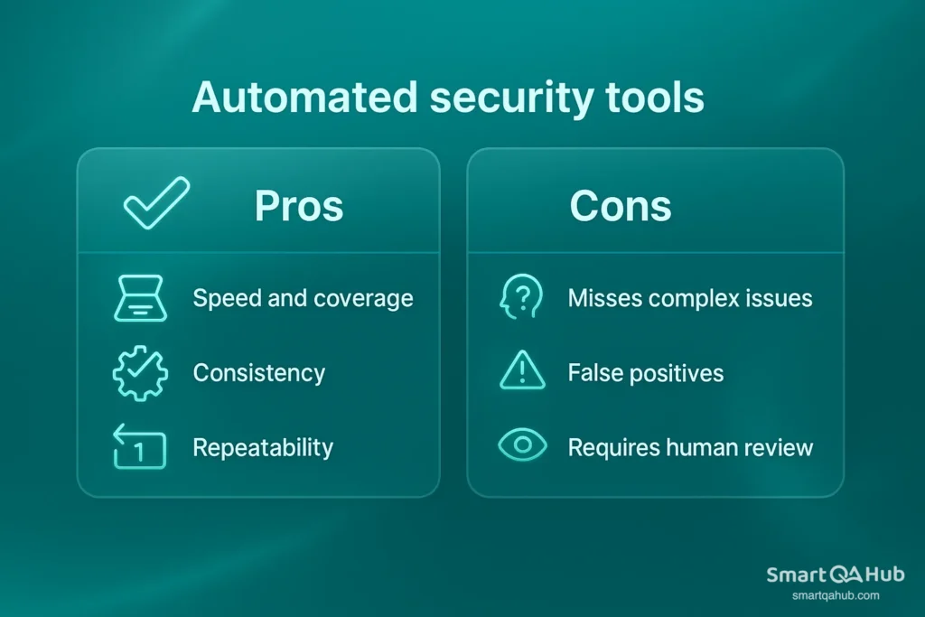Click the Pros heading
tap(299, 207)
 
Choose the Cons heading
tap(621, 207)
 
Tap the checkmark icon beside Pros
tap(156, 202)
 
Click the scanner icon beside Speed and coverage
tap(139, 298)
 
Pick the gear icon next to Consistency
tap(139, 373)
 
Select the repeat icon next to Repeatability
tap(139, 447)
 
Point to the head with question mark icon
tap(521, 298)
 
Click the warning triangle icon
tap(521, 371)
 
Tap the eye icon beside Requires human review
tap(521, 446)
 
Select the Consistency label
tap(259, 373)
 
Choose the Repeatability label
tap(263, 447)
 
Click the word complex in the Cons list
tap(707, 299)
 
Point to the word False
tap(593, 373)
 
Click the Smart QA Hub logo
tap(835, 575)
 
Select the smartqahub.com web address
tap(835, 595)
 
